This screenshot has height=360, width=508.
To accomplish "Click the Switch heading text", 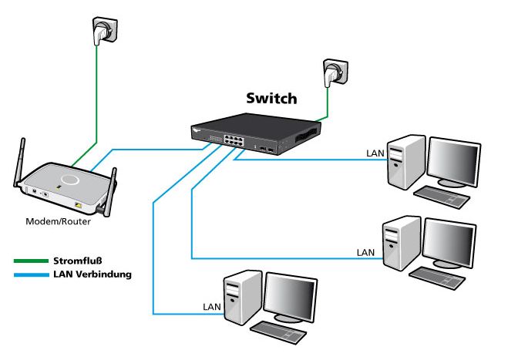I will click(x=271, y=99).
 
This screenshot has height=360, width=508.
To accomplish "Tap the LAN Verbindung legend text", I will click(x=93, y=274).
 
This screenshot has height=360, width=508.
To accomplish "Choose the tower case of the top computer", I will click(x=405, y=161).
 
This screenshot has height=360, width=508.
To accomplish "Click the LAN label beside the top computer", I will click(x=375, y=153).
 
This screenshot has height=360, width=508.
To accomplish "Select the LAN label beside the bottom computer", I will click(x=211, y=306).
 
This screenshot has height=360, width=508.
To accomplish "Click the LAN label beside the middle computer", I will click(x=366, y=252).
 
